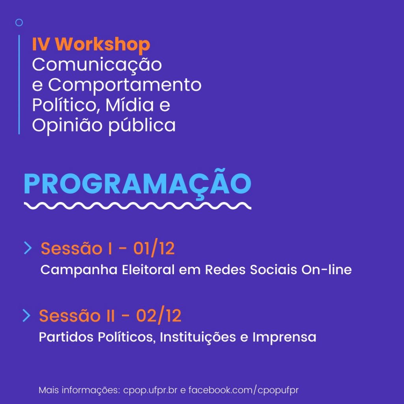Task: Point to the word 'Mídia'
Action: click(130, 105)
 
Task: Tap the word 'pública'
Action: click(142, 125)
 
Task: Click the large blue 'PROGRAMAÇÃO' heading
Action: click(137, 184)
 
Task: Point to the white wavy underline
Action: click(137, 205)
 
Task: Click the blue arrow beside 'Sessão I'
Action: click(28, 248)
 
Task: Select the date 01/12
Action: click(154, 248)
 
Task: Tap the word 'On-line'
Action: click(326, 269)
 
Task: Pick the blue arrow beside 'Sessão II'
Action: click(26, 315)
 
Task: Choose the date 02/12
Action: click(159, 315)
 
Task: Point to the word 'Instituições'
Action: click(198, 337)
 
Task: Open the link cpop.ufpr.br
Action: click(150, 390)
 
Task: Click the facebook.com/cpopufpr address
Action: click(243, 390)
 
